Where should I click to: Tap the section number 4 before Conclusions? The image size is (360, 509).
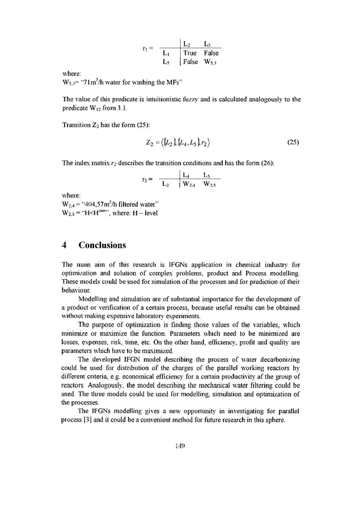coord(64,245)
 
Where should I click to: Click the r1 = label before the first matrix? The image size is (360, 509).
coord(146,48)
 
